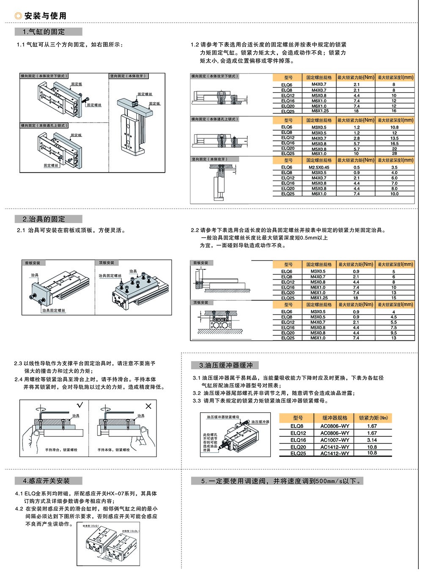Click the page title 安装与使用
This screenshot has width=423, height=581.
[x=45, y=16]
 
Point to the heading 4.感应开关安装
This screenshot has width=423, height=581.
[x=49, y=481]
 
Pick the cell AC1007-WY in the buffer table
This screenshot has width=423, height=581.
[x=335, y=440]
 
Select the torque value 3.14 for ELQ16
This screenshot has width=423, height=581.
[x=372, y=440]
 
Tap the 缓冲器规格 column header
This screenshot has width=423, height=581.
[x=335, y=418]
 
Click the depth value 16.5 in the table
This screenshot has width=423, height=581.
[x=394, y=143]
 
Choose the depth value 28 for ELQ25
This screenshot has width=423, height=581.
[x=394, y=153]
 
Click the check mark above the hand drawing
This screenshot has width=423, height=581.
[x=80, y=406]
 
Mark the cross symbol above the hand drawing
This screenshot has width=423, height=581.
[x=148, y=406]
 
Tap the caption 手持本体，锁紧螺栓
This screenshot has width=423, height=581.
[x=114, y=450]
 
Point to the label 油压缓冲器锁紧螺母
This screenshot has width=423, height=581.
[x=223, y=417]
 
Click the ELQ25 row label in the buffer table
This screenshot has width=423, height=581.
[x=298, y=453]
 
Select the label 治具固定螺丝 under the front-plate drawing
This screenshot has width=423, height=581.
[x=54, y=310]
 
